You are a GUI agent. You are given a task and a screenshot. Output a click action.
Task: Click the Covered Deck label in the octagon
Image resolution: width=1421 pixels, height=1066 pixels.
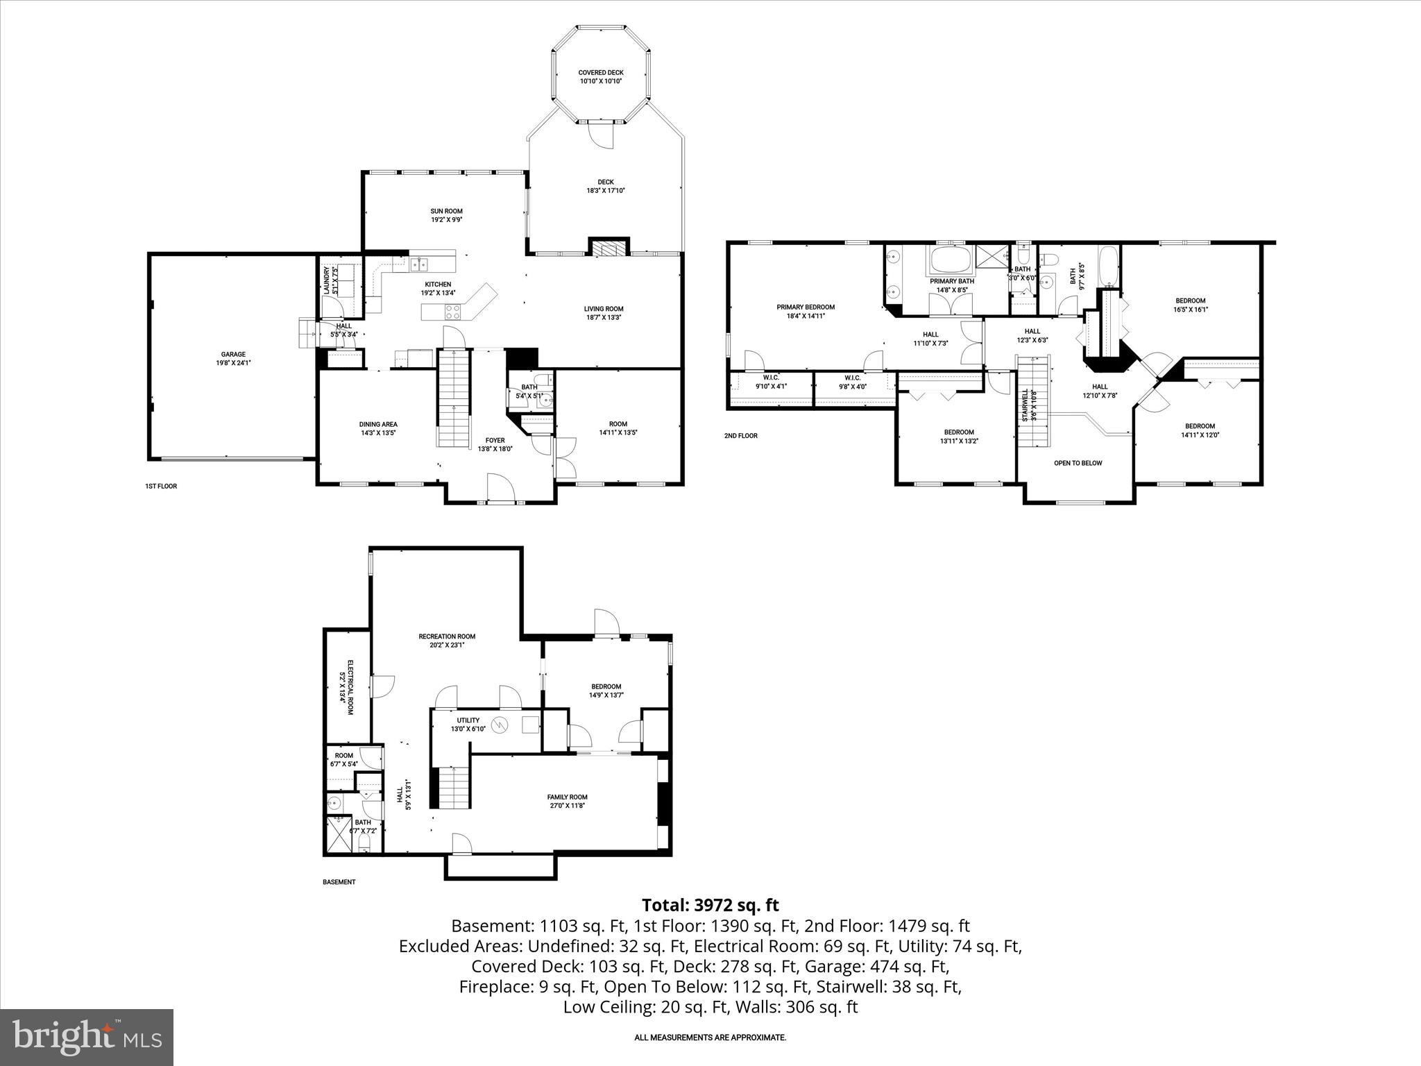tap(601, 72)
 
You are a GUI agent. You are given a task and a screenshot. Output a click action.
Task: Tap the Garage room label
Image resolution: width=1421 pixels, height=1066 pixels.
tap(233, 354)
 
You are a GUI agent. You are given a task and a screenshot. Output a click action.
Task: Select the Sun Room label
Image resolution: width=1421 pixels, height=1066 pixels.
tap(446, 211)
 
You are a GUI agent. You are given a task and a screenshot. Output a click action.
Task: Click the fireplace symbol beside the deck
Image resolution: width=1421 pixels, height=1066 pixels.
tap(609, 248)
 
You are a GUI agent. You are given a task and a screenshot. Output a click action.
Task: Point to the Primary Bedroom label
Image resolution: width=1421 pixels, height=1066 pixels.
tap(805, 307)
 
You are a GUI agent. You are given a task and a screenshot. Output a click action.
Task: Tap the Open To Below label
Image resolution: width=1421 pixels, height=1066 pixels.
tap(1078, 463)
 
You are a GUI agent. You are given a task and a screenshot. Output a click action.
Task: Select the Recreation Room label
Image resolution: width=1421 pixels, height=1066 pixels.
tap(447, 636)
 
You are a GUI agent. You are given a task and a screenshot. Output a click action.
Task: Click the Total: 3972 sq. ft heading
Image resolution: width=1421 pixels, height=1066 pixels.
tap(710, 905)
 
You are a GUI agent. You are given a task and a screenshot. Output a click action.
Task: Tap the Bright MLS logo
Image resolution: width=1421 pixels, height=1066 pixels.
tap(87, 1038)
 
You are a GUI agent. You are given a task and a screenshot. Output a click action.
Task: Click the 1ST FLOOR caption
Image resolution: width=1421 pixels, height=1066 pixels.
tap(156, 487)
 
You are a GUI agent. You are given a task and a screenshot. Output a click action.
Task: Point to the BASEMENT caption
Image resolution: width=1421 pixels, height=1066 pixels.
tap(339, 882)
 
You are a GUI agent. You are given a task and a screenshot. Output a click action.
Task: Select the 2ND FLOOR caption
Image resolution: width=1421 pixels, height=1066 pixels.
tap(740, 436)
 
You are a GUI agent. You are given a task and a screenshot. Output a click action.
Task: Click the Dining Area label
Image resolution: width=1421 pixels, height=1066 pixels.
tap(378, 424)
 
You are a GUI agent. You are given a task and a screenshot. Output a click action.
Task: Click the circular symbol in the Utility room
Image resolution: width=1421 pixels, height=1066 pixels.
tap(500, 725)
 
